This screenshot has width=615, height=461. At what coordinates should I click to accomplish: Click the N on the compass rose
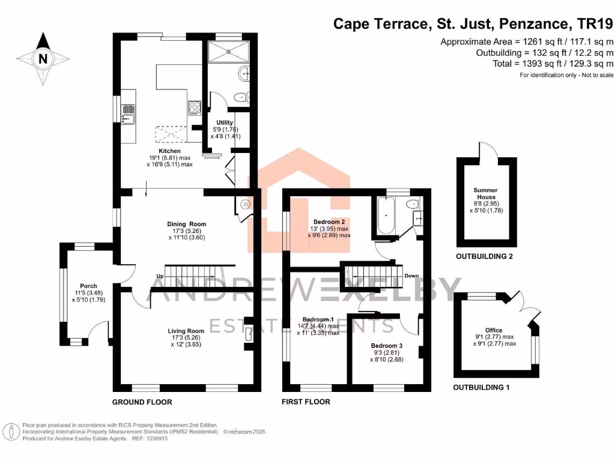pos(42,59)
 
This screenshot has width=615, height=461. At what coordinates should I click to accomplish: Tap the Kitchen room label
pos(170,151)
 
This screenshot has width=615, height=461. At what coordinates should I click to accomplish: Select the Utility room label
pos(225,122)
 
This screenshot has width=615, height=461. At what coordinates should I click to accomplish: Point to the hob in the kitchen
pos(195,107)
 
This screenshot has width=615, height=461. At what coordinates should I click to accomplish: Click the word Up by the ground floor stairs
pos(160,276)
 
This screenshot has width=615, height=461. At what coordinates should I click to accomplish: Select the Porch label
pos(88,286)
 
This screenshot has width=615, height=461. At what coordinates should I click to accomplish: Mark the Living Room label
pos(186,331)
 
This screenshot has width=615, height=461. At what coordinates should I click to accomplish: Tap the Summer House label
pos(486,193)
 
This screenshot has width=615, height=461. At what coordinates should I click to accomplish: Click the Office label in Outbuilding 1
pos(494,330)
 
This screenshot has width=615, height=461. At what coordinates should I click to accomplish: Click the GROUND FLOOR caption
pos(142,402)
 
